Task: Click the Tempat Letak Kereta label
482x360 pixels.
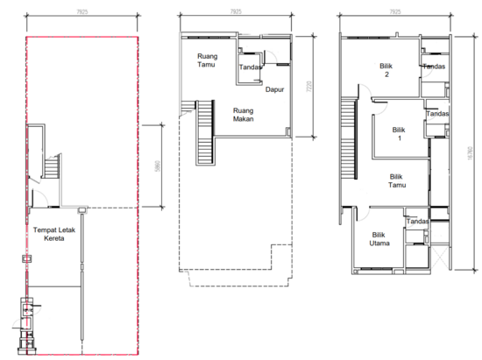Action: click(55, 235)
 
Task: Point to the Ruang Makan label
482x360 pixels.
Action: click(244, 116)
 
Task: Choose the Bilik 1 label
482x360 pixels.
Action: click(400, 133)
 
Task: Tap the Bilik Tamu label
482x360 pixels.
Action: click(401, 180)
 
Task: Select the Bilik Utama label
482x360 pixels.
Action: click(379, 240)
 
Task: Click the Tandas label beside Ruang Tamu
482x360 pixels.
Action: click(252, 66)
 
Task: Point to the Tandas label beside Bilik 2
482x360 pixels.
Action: click(434, 67)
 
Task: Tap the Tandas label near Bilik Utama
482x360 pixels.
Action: click(417, 222)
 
